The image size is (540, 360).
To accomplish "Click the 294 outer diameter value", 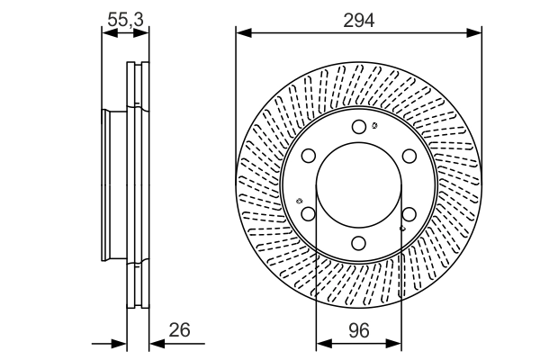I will point(358,18).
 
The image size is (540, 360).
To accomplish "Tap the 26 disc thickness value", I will point(180,330).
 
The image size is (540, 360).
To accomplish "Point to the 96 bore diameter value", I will point(358,330).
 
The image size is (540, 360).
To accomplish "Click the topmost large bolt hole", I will point(359,127).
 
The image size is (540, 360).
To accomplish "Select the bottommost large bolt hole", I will point(359,242).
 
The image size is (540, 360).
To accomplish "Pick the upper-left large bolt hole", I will point(309,156).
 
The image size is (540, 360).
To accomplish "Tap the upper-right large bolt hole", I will point(409,156).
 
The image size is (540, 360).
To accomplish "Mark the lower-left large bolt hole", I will point(309,213).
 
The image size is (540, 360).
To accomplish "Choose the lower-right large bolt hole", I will point(409,213).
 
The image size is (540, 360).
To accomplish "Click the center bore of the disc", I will point(359,184).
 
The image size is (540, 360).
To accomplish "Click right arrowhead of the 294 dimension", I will point(477,33).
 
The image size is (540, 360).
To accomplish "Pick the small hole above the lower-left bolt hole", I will point(298,200).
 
